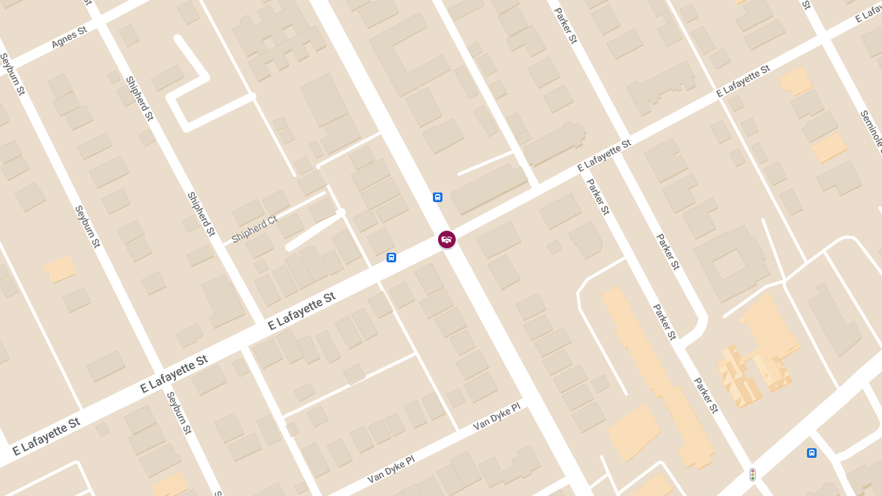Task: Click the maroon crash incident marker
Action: pos(447,240)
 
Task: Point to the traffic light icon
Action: pos(752,475)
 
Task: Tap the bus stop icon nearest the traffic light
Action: pos(811,453)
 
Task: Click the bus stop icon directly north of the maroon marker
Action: pos(437,197)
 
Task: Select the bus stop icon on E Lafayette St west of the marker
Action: pos(391,257)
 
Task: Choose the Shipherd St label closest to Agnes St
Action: pos(139,98)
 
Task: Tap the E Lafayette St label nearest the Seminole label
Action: pos(743,81)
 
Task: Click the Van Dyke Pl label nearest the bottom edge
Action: pos(391,469)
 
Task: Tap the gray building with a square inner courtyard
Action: pos(727,264)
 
